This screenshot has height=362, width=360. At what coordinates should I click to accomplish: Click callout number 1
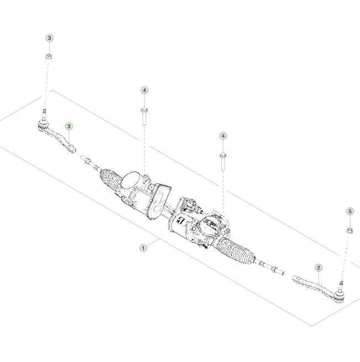pyautogui.click(x=144, y=248)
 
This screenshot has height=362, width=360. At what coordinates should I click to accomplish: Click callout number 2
pyautogui.click(x=319, y=267)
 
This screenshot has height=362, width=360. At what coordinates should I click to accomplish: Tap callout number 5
pyautogui.click(x=350, y=211)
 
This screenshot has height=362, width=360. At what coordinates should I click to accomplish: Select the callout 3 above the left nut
pyautogui.click(x=50, y=38)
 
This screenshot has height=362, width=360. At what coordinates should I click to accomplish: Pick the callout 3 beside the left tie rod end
pyautogui.click(x=69, y=126)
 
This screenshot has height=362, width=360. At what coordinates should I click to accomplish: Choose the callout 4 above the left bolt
pyautogui.click(x=144, y=89)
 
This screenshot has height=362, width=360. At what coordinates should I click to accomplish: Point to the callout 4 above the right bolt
pyautogui.click(x=223, y=135)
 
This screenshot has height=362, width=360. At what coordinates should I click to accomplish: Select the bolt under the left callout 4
pyautogui.click(x=144, y=116)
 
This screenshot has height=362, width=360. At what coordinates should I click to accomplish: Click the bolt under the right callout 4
pyautogui.click(x=223, y=161)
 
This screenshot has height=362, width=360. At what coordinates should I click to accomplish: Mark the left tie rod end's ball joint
pyautogui.click(x=44, y=126)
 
